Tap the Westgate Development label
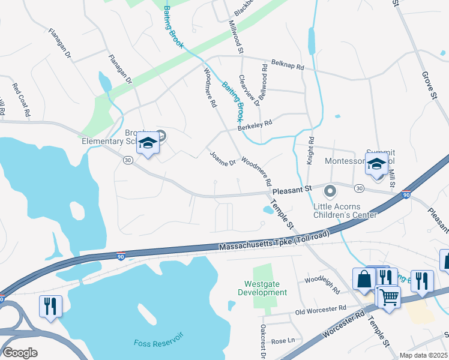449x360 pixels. pyautogui.click(x=266, y=288)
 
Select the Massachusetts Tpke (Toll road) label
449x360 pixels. pyautogui.click(x=275, y=241)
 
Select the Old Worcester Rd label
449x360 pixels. pyautogui.click(x=321, y=310)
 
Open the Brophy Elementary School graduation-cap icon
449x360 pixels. pyautogui.click(x=147, y=143)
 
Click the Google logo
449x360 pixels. pyautogui.click(x=20, y=352)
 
